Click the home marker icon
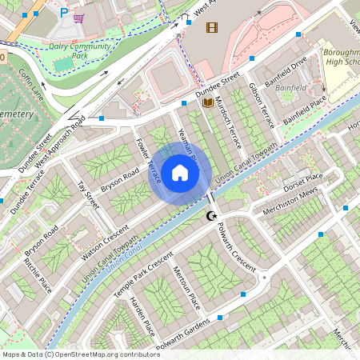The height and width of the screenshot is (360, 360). coord(180,172)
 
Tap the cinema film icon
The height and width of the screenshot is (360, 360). coord(211,28)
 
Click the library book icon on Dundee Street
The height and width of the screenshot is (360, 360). coord(208,102)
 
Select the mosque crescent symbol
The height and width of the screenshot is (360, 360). coord(212,216)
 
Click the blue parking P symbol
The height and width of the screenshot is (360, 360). coord(64,12)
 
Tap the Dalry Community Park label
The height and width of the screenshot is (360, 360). coord(79,51)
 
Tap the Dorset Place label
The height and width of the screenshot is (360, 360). coord(303,181)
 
